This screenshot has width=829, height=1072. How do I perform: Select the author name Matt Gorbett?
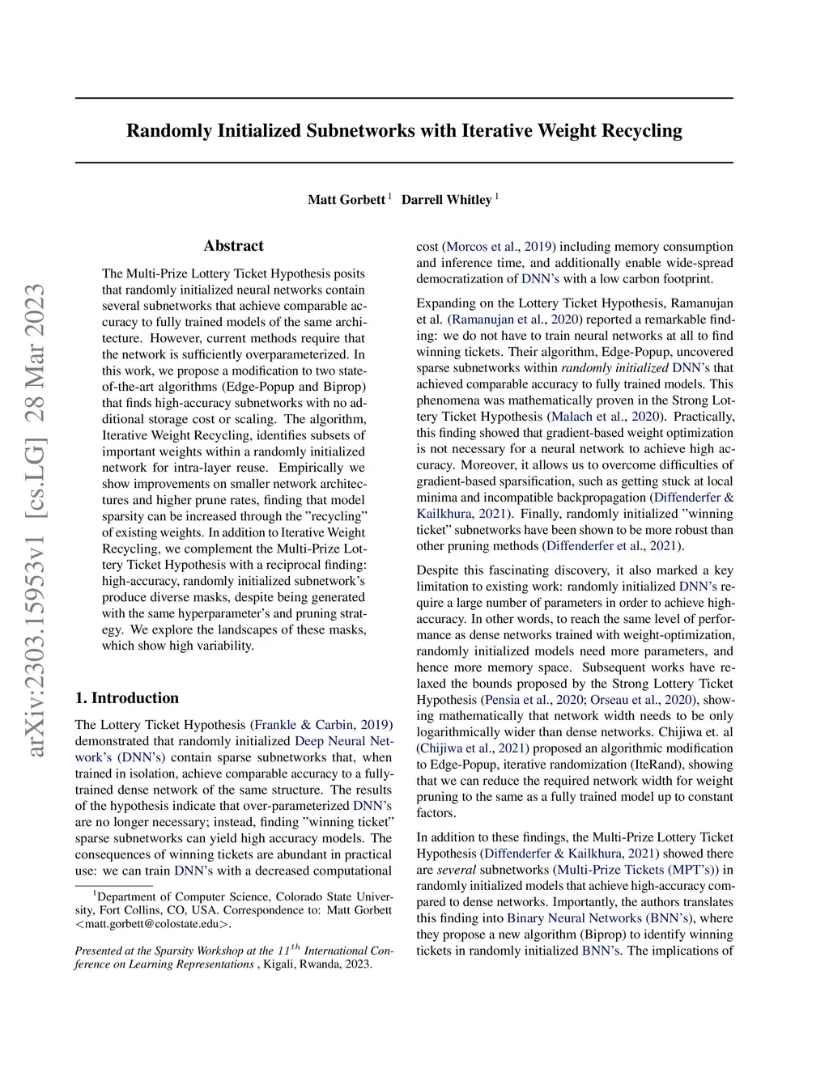coord(346,200)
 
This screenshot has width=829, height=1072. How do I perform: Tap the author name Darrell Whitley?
coord(446,200)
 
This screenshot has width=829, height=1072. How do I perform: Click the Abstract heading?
coord(233,246)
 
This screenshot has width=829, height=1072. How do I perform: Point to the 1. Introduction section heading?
coord(127,698)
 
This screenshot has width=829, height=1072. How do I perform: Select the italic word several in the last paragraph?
coord(457,870)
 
